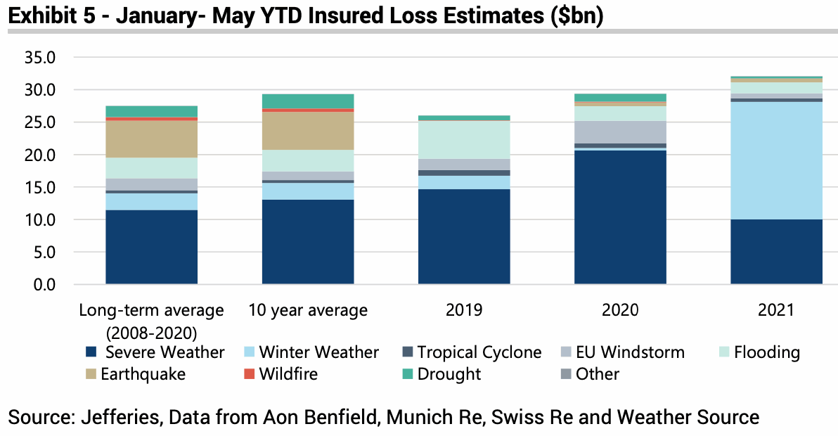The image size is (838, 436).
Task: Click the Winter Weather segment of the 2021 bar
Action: [776, 160]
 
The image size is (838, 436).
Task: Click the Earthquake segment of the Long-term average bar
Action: [151, 139]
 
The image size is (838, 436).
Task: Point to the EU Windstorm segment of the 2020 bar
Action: [620, 132]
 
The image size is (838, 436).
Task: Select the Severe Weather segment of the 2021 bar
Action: [776, 252]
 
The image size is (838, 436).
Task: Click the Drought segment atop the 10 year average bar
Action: [308, 101]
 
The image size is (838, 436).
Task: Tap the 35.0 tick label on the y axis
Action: [39, 58]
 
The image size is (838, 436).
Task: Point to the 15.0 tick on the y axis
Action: [39, 188]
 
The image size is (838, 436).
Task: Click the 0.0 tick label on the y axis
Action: [44, 285]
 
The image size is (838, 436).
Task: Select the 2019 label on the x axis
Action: [464, 310]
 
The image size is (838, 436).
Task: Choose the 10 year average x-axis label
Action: [308, 310]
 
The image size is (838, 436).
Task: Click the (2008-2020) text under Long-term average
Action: [151, 331]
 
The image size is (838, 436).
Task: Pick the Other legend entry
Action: [597, 374]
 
